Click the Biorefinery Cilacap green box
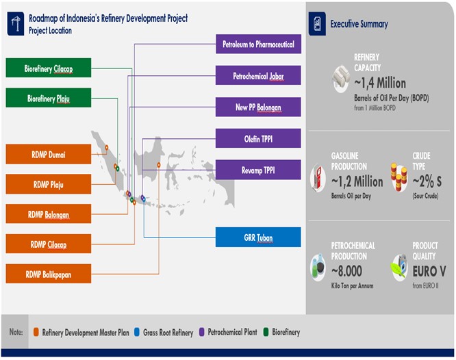point(49,68)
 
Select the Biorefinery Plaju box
point(49,98)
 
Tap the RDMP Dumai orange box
point(49,154)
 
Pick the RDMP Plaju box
point(49,184)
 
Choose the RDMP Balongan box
point(49,214)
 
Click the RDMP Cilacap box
point(49,244)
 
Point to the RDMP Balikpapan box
point(49,274)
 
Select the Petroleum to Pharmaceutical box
point(258,44)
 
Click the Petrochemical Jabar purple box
point(258,75)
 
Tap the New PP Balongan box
point(258,107)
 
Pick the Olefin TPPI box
point(258,138)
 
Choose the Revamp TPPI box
point(258,169)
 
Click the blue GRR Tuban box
point(258,237)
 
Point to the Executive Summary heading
point(359,24)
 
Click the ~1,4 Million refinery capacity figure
point(380,83)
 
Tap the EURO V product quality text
point(429,271)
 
